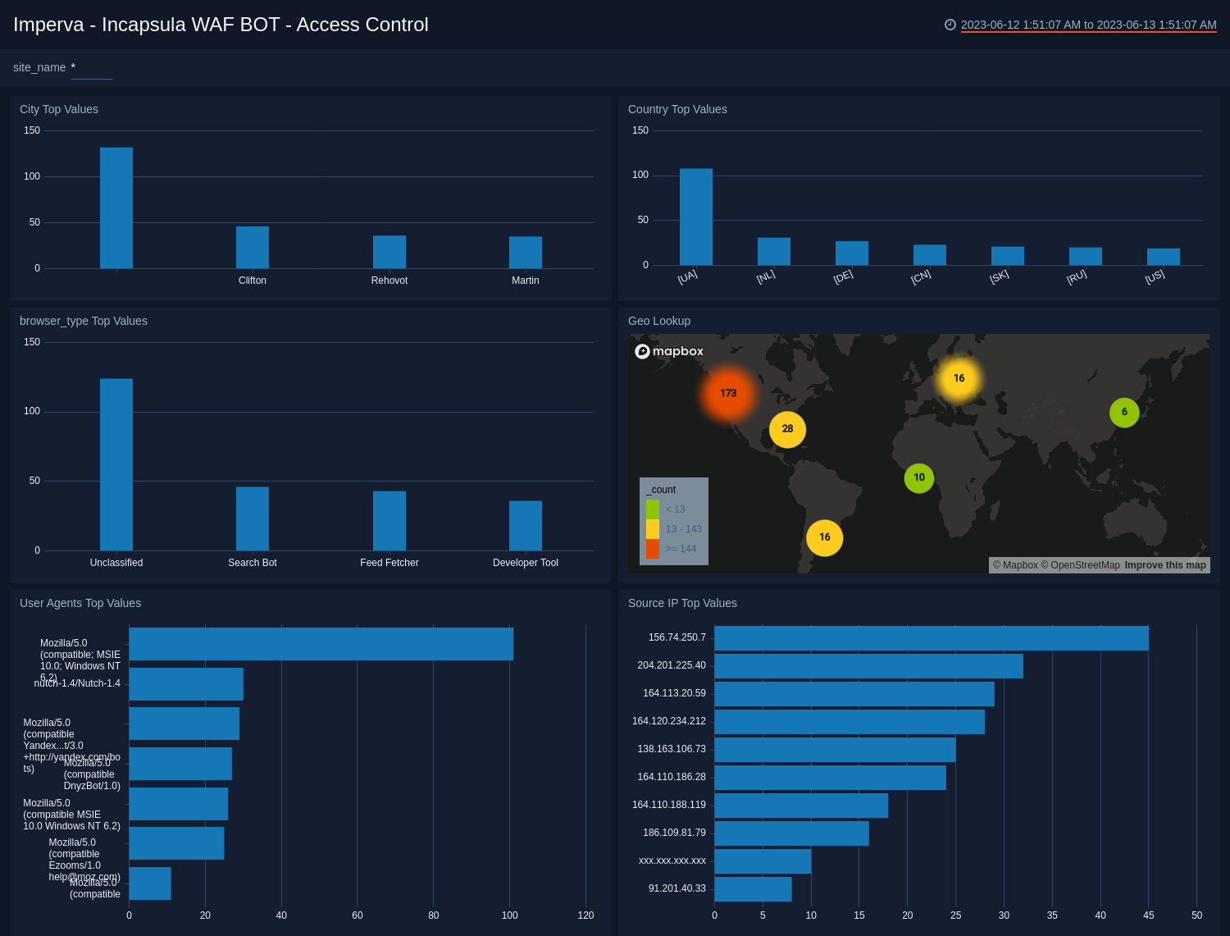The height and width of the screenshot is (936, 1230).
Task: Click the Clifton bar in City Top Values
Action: point(253,247)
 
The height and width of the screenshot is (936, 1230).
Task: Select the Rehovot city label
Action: point(389,281)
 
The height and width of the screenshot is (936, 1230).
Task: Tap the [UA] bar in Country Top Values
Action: point(695,217)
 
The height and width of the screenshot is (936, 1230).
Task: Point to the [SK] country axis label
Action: point(999,276)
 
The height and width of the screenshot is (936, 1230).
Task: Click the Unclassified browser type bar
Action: point(116,464)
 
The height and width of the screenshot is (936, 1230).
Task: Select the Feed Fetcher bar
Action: point(389,521)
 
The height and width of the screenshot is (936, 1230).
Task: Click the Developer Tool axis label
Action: point(525,563)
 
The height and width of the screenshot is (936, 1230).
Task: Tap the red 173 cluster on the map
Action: point(728,394)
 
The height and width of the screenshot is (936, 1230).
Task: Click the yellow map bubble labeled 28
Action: point(787,429)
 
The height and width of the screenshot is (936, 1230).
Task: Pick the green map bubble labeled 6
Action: point(1124,413)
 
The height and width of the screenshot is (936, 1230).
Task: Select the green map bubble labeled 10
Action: point(919,477)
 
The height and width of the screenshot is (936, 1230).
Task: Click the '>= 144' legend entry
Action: point(680,549)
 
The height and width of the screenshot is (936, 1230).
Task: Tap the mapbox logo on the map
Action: point(669,351)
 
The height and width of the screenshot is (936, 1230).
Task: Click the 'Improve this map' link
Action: point(1165,565)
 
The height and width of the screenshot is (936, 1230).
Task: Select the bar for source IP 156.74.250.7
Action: point(931,638)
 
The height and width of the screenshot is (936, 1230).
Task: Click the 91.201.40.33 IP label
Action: point(676,888)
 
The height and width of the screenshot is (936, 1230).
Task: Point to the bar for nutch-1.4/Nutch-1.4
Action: point(186,684)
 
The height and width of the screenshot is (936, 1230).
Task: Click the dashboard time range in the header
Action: point(1088,25)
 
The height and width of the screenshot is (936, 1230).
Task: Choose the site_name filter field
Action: point(91,68)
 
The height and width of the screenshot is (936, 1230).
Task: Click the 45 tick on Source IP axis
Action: point(1148,915)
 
